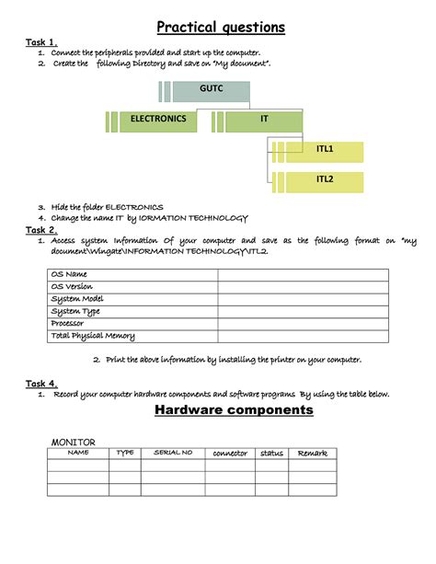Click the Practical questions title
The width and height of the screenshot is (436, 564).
click(x=220, y=27)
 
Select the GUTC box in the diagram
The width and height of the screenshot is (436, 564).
click(x=211, y=90)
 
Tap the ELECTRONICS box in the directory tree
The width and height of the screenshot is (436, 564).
click(x=158, y=120)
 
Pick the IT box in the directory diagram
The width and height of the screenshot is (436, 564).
click(x=264, y=120)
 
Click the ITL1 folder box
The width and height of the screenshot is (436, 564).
click(x=325, y=149)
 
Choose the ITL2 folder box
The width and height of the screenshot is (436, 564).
click(x=325, y=179)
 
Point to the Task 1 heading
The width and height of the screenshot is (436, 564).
click(x=41, y=41)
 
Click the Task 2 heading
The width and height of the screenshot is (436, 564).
click(x=41, y=229)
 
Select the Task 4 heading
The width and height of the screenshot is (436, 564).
click(x=41, y=383)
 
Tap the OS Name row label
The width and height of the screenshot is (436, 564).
click(x=70, y=274)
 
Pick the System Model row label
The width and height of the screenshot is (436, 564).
click(x=78, y=299)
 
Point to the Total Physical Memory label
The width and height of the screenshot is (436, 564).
click(x=93, y=336)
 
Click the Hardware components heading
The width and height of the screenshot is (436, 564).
click(x=234, y=410)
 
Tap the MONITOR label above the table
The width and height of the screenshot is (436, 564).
click(x=74, y=443)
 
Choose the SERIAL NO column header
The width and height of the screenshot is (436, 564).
click(x=173, y=453)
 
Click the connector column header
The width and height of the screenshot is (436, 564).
click(x=230, y=453)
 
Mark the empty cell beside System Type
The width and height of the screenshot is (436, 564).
click(x=313, y=311)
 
